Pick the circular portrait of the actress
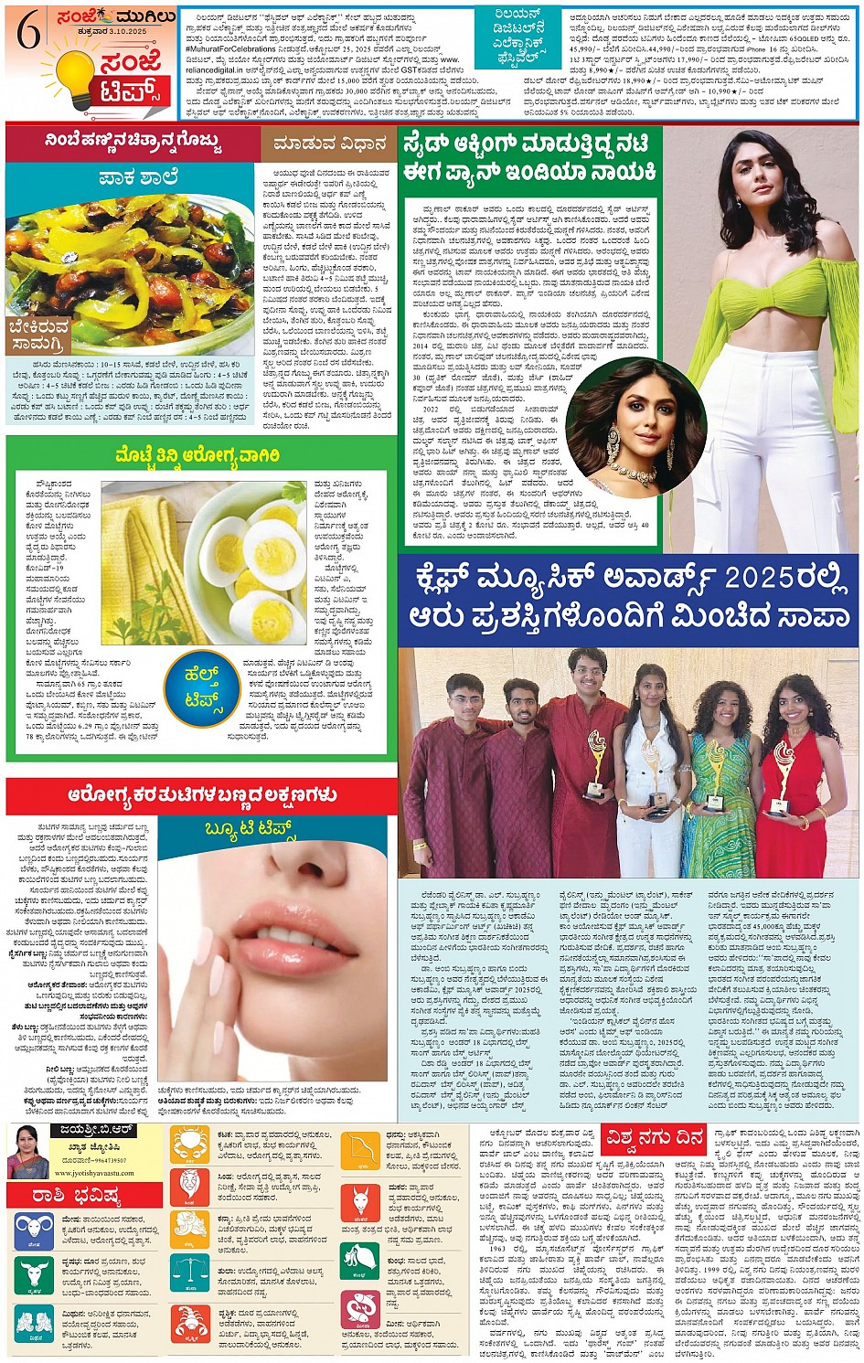tap(635, 426)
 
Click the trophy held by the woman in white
tap(653, 771)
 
